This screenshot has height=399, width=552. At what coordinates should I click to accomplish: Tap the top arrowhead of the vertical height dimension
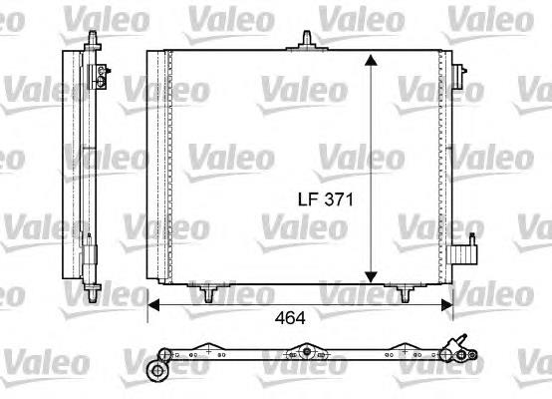pos(371,62)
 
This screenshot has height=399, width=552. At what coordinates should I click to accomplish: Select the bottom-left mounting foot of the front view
pos(207,293)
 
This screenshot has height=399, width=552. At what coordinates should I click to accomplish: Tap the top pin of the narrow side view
pos(92,37)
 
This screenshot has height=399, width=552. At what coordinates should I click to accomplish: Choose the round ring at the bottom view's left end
pos(155,371)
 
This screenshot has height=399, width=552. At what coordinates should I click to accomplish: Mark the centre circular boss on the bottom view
pos(308,352)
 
